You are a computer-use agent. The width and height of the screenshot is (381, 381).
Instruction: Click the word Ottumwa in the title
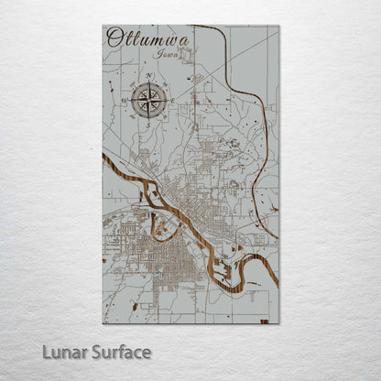point(136,38)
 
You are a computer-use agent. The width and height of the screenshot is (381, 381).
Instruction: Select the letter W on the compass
point(123,99)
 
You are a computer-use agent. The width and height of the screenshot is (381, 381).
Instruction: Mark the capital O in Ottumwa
point(114,38)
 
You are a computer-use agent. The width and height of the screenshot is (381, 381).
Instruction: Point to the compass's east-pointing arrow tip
point(166,99)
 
